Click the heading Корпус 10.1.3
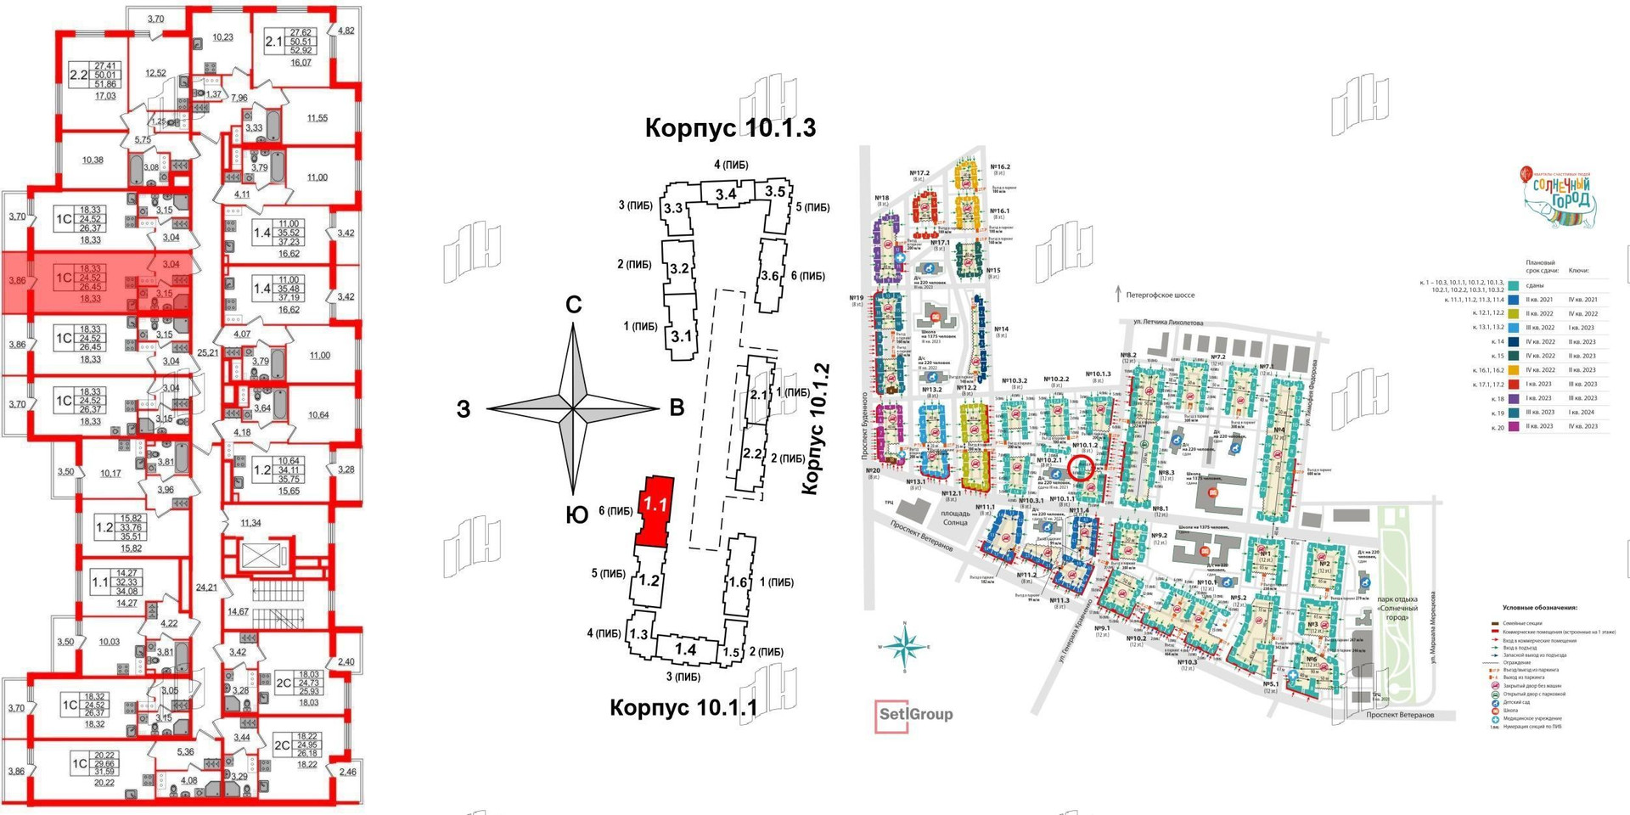point(730,128)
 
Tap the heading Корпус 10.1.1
point(683,707)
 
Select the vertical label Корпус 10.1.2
point(813,429)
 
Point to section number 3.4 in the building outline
point(725,194)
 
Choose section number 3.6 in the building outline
point(769,276)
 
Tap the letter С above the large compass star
point(574,305)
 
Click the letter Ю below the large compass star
point(576,515)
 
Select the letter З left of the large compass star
point(464,409)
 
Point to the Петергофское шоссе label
point(1160,295)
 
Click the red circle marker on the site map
point(1080,468)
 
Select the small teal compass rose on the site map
point(905,648)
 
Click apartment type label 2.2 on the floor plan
point(78,75)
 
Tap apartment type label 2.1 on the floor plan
point(274,42)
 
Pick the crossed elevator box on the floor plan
point(256,556)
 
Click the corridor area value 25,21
point(207,351)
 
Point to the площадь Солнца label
point(954,518)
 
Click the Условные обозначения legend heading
point(1539,608)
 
